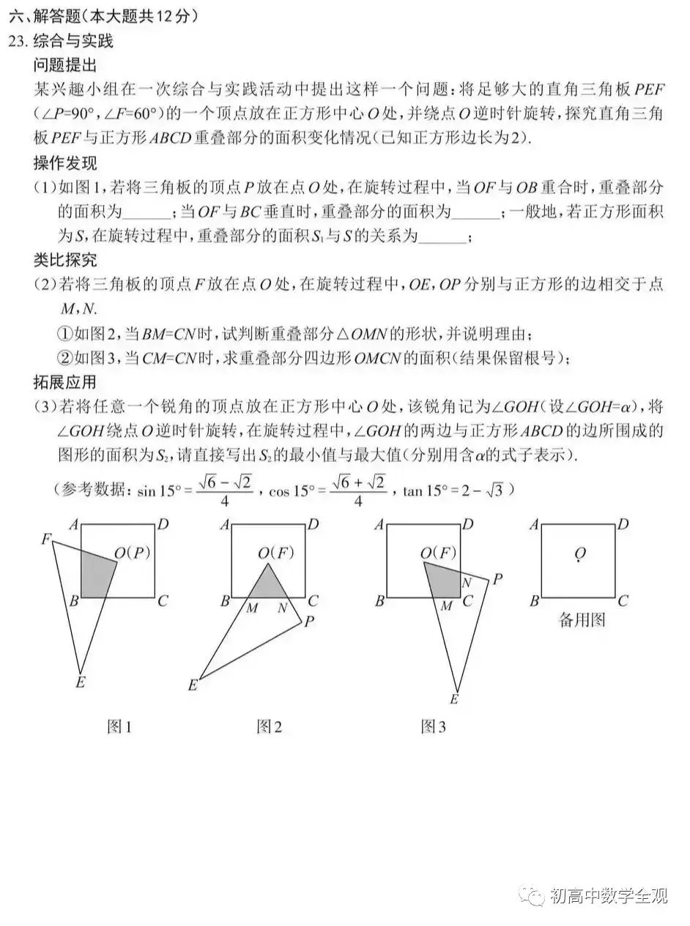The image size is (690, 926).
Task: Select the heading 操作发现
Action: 65,163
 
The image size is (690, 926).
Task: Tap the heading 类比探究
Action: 65,260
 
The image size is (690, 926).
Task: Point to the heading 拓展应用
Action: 65,381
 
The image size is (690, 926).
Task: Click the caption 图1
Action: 119,726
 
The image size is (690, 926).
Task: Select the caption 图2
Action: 269,726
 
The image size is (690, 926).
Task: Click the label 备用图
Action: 582,621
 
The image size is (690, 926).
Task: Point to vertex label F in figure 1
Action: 45,539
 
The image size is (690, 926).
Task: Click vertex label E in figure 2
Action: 193,685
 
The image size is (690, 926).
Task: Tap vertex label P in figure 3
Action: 497,579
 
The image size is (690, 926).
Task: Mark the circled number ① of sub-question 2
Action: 64,334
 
